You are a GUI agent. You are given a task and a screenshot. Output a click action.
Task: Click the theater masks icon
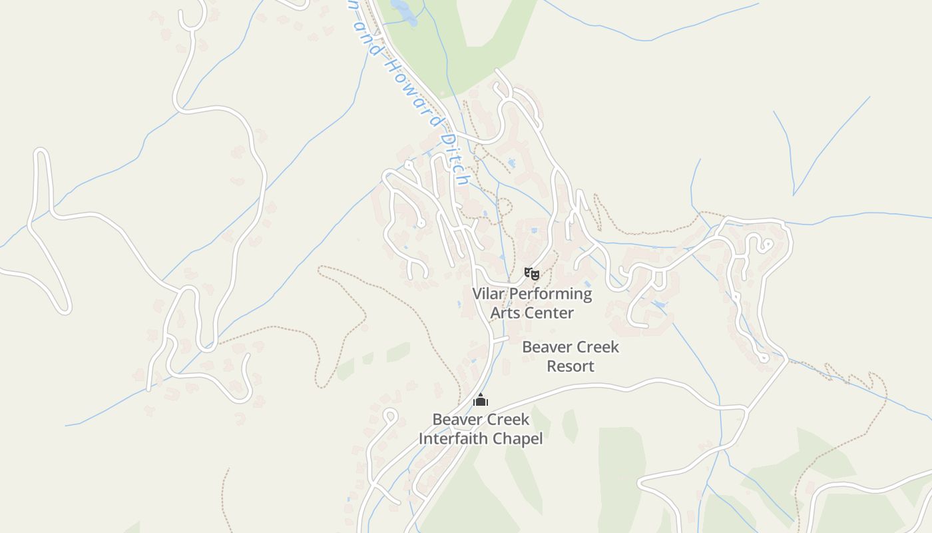(531, 273)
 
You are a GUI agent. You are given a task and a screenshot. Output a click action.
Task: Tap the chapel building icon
(481, 400)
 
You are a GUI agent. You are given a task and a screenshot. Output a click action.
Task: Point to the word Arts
(504, 312)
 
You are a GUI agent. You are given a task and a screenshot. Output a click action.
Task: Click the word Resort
(571, 366)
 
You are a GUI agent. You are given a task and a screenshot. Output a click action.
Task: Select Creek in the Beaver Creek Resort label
(598, 347)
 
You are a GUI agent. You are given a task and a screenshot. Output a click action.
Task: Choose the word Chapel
(519, 438)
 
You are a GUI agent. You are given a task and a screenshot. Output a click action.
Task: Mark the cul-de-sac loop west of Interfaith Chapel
(390, 416)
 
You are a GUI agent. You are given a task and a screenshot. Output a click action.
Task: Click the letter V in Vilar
(477, 294)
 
